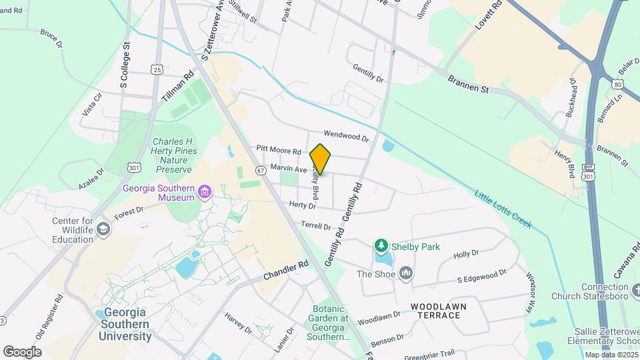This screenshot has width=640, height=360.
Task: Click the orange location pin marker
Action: (x=321, y=159)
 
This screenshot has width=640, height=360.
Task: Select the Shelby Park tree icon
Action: (x=381, y=247)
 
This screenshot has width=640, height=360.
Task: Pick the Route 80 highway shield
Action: (x=618, y=85)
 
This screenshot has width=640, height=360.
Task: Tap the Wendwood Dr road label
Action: (x=346, y=136)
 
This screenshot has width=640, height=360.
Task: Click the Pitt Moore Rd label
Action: (x=279, y=150)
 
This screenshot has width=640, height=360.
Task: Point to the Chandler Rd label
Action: (x=286, y=270)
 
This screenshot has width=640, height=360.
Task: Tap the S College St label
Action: (x=123, y=67)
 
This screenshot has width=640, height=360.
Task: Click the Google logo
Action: (x=22, y=351)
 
